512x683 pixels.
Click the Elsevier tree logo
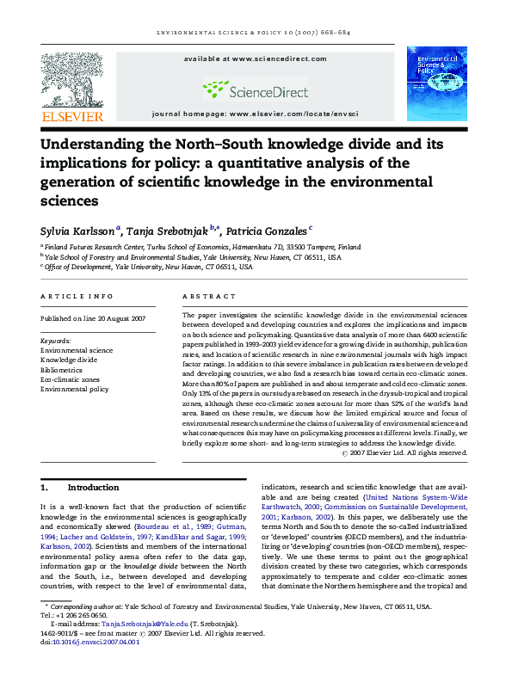pyautogui.click(x=72, y=80)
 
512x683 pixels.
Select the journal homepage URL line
pyautogui.click(x=256, y=114)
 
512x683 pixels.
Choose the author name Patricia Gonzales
pyautogui.click(x=267, y=231)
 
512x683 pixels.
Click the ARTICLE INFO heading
pyautogui.click(x=77, y=296)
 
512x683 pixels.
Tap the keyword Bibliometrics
pyautogui.click(x=64, y=370)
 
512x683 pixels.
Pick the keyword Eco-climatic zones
pyautogui.click(x=70, y=379)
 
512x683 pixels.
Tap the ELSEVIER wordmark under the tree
pyautogui.click(x=72, y=116)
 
